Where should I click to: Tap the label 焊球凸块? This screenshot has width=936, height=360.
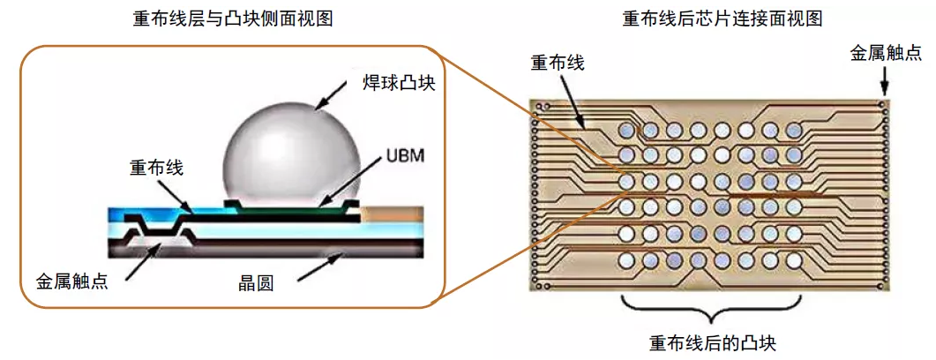[400, 85]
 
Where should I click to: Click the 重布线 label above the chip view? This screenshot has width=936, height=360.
[557, 63]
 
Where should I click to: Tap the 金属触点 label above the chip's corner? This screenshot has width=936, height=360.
[885, 52]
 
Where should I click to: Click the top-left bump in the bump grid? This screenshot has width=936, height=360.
[627, 130]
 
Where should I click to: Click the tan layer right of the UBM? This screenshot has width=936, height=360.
[393, 214]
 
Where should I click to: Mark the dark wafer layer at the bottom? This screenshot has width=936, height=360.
[265, 245]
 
